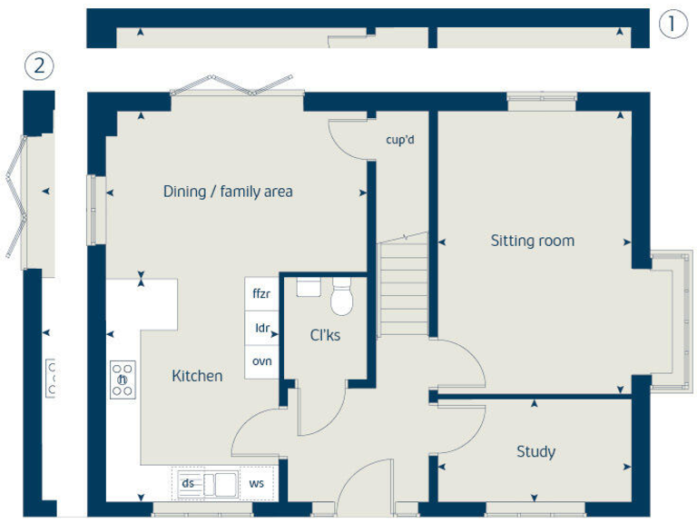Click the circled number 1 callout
(672, 24)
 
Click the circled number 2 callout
(39, 66)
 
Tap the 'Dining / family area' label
(228, 192)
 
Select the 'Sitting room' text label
(532, 241)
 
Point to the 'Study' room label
(535, 451)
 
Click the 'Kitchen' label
(197, 375)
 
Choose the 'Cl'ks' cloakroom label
(325, 335)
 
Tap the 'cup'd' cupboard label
(399, 140)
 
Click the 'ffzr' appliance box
(261, 294)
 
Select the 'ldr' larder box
(261, 328)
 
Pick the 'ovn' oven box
(261, 361)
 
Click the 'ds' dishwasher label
(188, 483)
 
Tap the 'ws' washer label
(257, 483)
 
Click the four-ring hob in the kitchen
(123, 380)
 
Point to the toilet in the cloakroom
(342, 297)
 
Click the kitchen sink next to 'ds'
(219, 483)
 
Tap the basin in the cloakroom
(309, 288)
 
